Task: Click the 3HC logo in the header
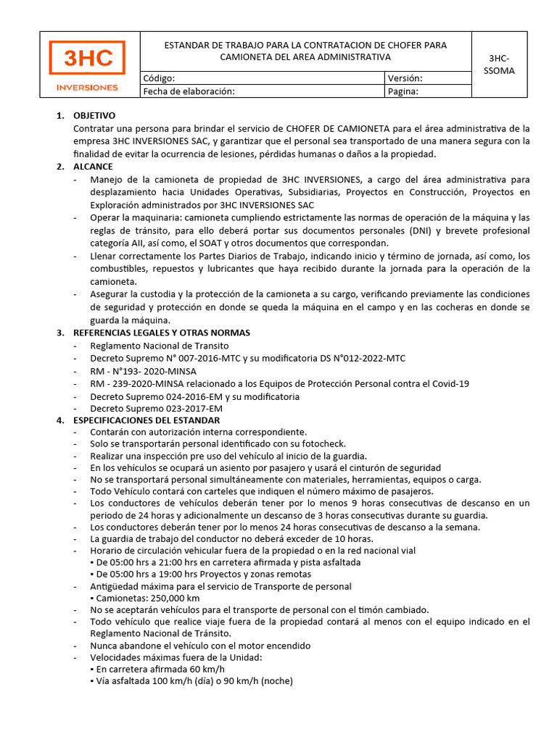(x=86, y=58)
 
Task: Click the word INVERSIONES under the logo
(x=87, y=88)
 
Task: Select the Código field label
(x=159, y=78)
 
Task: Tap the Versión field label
(x=405, y=78)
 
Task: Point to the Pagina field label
(x=403, y=91)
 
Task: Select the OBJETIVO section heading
(x=94, y=116)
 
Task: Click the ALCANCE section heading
(x=93, y=167)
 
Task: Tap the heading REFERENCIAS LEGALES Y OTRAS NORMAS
(x=162, y=333)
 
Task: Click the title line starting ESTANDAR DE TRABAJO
(x=305, y=45)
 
